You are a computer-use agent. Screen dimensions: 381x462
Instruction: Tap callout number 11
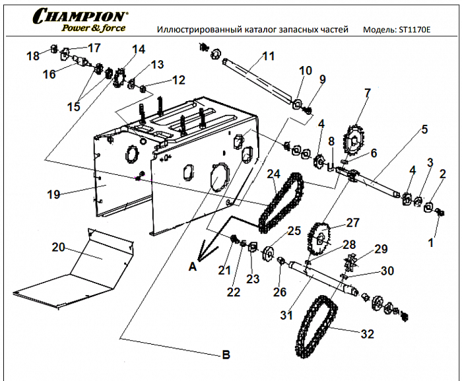(268, 56)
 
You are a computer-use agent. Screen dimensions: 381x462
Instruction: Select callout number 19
(53, 194)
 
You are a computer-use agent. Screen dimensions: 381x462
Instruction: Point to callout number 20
(59, 247)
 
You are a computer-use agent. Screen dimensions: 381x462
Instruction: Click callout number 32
(372, 334)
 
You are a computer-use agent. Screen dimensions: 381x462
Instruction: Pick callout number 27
(353, 223)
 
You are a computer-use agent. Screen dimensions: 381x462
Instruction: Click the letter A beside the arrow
(193, 267)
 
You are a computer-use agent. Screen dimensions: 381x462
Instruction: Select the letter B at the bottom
(226, 355)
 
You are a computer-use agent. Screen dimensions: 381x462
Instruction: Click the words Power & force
(93, 28)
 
